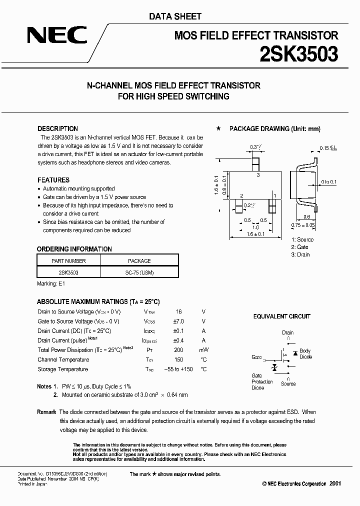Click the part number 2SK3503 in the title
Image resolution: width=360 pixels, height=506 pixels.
coord(298,53)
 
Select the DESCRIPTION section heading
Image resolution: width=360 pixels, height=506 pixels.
coord(57,128)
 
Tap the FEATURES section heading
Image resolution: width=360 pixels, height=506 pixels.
coord(53,180)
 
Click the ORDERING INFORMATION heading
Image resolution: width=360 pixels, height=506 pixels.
coord(74,249)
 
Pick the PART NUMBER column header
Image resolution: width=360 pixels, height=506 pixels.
coord(69,260)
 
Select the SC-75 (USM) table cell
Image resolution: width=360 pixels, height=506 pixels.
coord(139,273)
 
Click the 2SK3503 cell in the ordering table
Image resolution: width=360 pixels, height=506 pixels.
coord(69,273)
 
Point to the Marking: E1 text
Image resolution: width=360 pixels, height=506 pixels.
coord(51,283)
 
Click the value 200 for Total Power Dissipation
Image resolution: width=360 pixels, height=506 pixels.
coord(178,350)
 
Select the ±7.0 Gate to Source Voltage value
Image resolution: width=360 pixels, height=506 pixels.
coord(178,321)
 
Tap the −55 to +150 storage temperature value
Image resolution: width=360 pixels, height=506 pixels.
coord(178,369)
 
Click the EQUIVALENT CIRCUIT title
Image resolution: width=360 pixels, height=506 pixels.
coord(281,316)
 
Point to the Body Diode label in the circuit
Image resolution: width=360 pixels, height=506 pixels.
coord(305,354)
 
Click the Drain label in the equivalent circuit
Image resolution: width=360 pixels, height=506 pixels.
coord(287,332)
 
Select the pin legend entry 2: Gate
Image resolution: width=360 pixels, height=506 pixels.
coord(300,247)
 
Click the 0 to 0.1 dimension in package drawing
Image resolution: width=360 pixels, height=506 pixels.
coord(329,181)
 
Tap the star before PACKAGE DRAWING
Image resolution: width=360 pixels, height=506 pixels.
coord(218,128)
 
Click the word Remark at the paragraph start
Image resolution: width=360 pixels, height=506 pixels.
coord(46,412)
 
